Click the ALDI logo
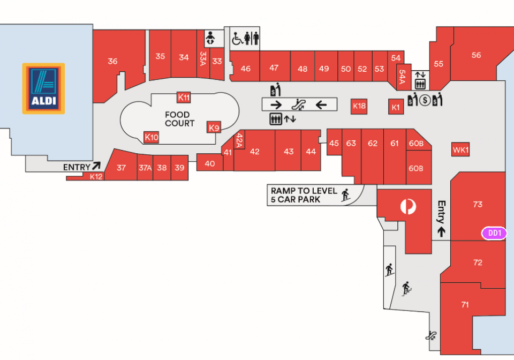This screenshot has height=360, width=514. tap(43, 88)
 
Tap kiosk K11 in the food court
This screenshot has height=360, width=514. tap(184, 97)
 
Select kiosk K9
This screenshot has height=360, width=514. tap(214, 127)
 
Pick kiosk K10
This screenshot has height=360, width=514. tap(152, 137)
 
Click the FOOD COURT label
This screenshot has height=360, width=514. tap(180, 119)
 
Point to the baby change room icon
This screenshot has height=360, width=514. tap(210, 38)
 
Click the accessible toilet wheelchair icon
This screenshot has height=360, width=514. tap(237, 39)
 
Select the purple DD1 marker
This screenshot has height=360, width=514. tap(494, 233)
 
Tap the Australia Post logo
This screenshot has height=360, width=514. tap(408, 207)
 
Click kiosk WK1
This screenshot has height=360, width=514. tap(460, 149)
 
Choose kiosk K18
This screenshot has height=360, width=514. tap(359, 106)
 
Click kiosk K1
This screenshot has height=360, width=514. tap(396, 107)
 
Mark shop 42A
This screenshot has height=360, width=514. tap(239, 140)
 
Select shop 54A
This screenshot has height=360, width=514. tap(403, 77)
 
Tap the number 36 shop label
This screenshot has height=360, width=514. tap(112, 61)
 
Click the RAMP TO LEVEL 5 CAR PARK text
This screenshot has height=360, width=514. tap(304, 195)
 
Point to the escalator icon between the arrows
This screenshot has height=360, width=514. tap(299, 104)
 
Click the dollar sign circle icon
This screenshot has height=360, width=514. tap(425, 100)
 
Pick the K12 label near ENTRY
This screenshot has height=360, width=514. tap(96, 176)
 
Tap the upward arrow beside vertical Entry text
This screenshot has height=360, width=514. tap(442, 231)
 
